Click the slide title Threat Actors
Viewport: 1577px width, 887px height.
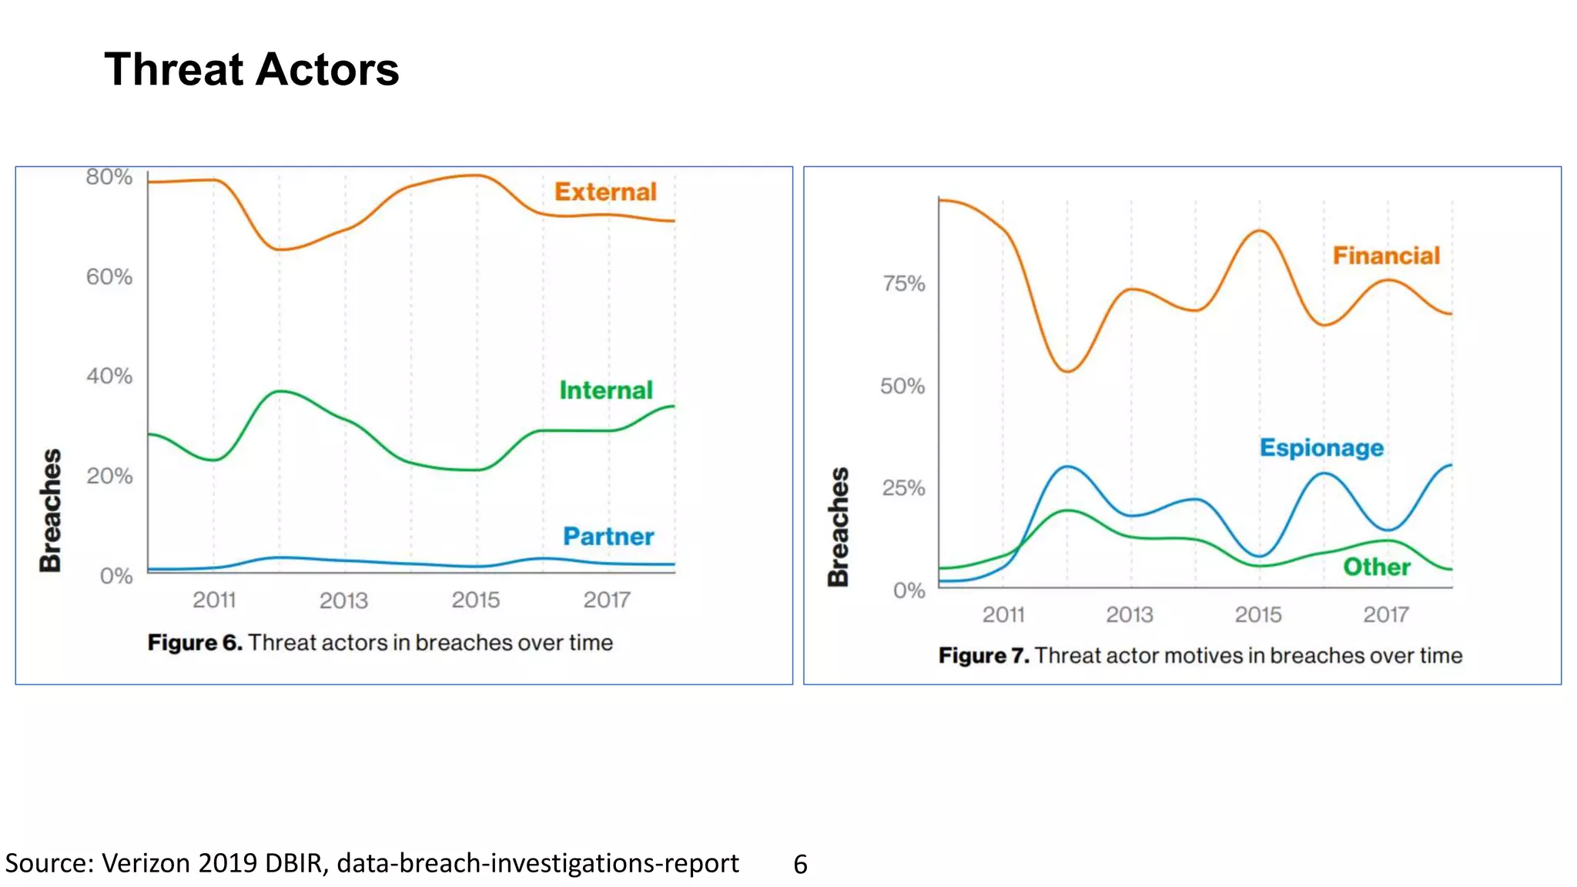click(251, 69)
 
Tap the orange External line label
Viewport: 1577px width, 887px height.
click(605, 192)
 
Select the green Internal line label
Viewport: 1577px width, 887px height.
click(606, 390)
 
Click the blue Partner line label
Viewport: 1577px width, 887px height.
click(608, 537)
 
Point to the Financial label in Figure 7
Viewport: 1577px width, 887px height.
click(1386, 256)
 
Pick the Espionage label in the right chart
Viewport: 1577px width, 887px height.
click(1321, 447)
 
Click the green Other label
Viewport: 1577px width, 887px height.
click(1377, 567)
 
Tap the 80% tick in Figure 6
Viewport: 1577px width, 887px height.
click(109, 177)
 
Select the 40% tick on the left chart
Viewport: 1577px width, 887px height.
click(109, 376)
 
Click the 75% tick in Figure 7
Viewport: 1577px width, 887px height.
click(903, 283)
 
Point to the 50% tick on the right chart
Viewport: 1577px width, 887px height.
click(902, 386)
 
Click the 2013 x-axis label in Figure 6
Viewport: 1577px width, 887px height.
click(343, 600)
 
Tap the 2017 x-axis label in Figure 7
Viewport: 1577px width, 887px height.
click(1386, 614)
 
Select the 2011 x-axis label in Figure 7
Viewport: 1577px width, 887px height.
click(1003, 614)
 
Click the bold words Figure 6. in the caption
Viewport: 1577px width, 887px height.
click(195, 643)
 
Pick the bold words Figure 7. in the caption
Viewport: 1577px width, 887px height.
click(983, 656)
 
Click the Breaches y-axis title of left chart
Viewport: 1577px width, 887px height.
click(51, 510)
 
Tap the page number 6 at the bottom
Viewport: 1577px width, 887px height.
click(800, 865)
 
